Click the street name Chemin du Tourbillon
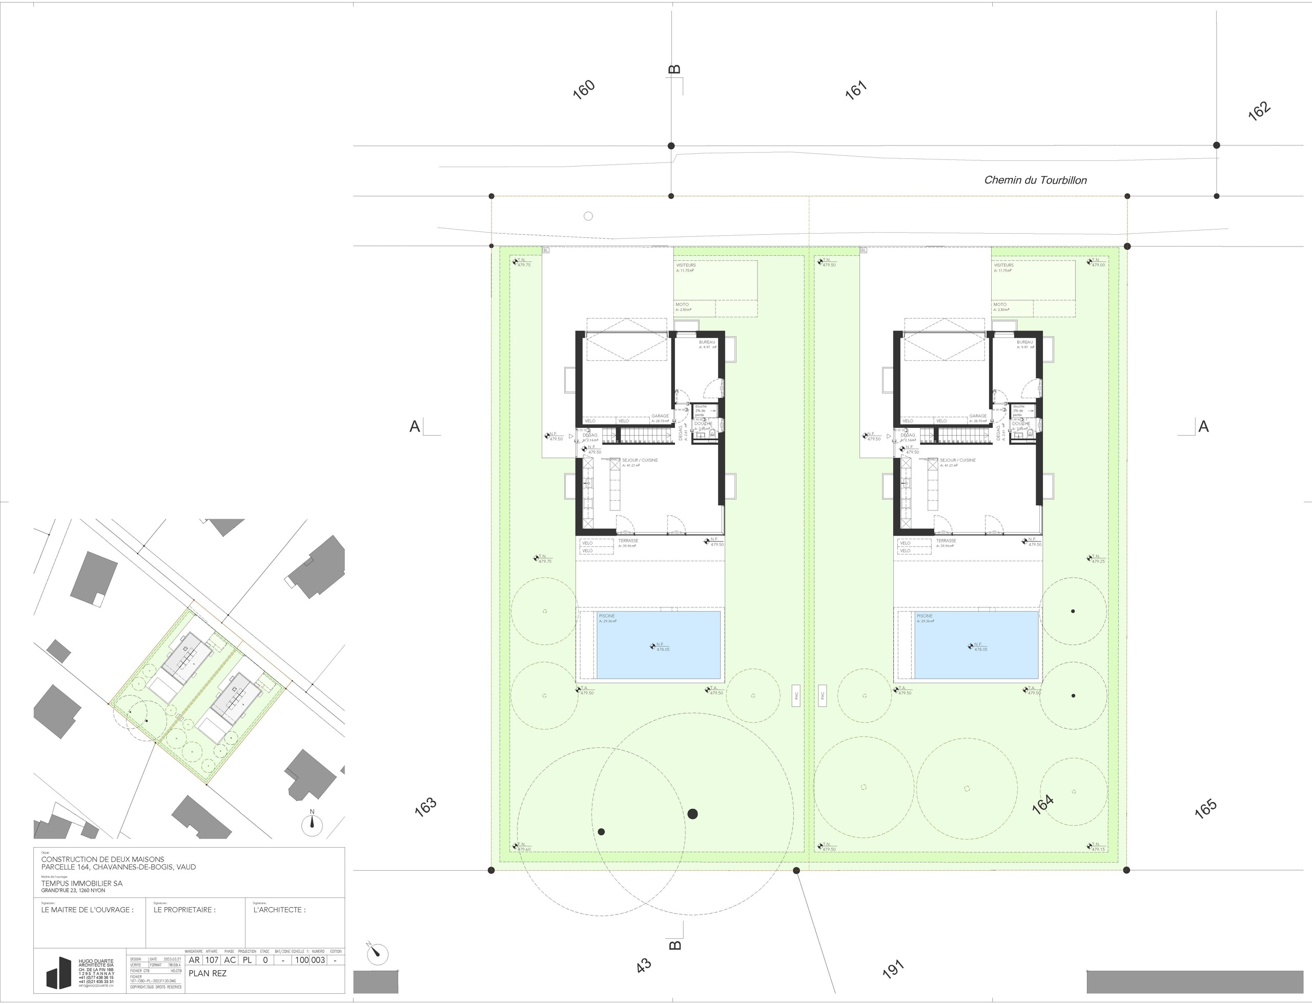tap(1035, 180)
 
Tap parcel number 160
tap(584, 90)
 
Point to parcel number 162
tap(1259, 112)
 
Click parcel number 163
tap(425, 807)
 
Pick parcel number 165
tap(1205, 809)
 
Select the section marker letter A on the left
tap(415, 427)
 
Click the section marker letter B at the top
tap(674, 70)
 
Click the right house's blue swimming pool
tap(976, 645)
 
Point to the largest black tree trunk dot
tap(692, 813)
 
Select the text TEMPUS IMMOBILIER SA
tap(82, 883)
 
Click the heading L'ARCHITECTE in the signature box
tap(279, 910)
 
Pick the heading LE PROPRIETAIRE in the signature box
tap(184, 910)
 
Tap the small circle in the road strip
tap(588, 216)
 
